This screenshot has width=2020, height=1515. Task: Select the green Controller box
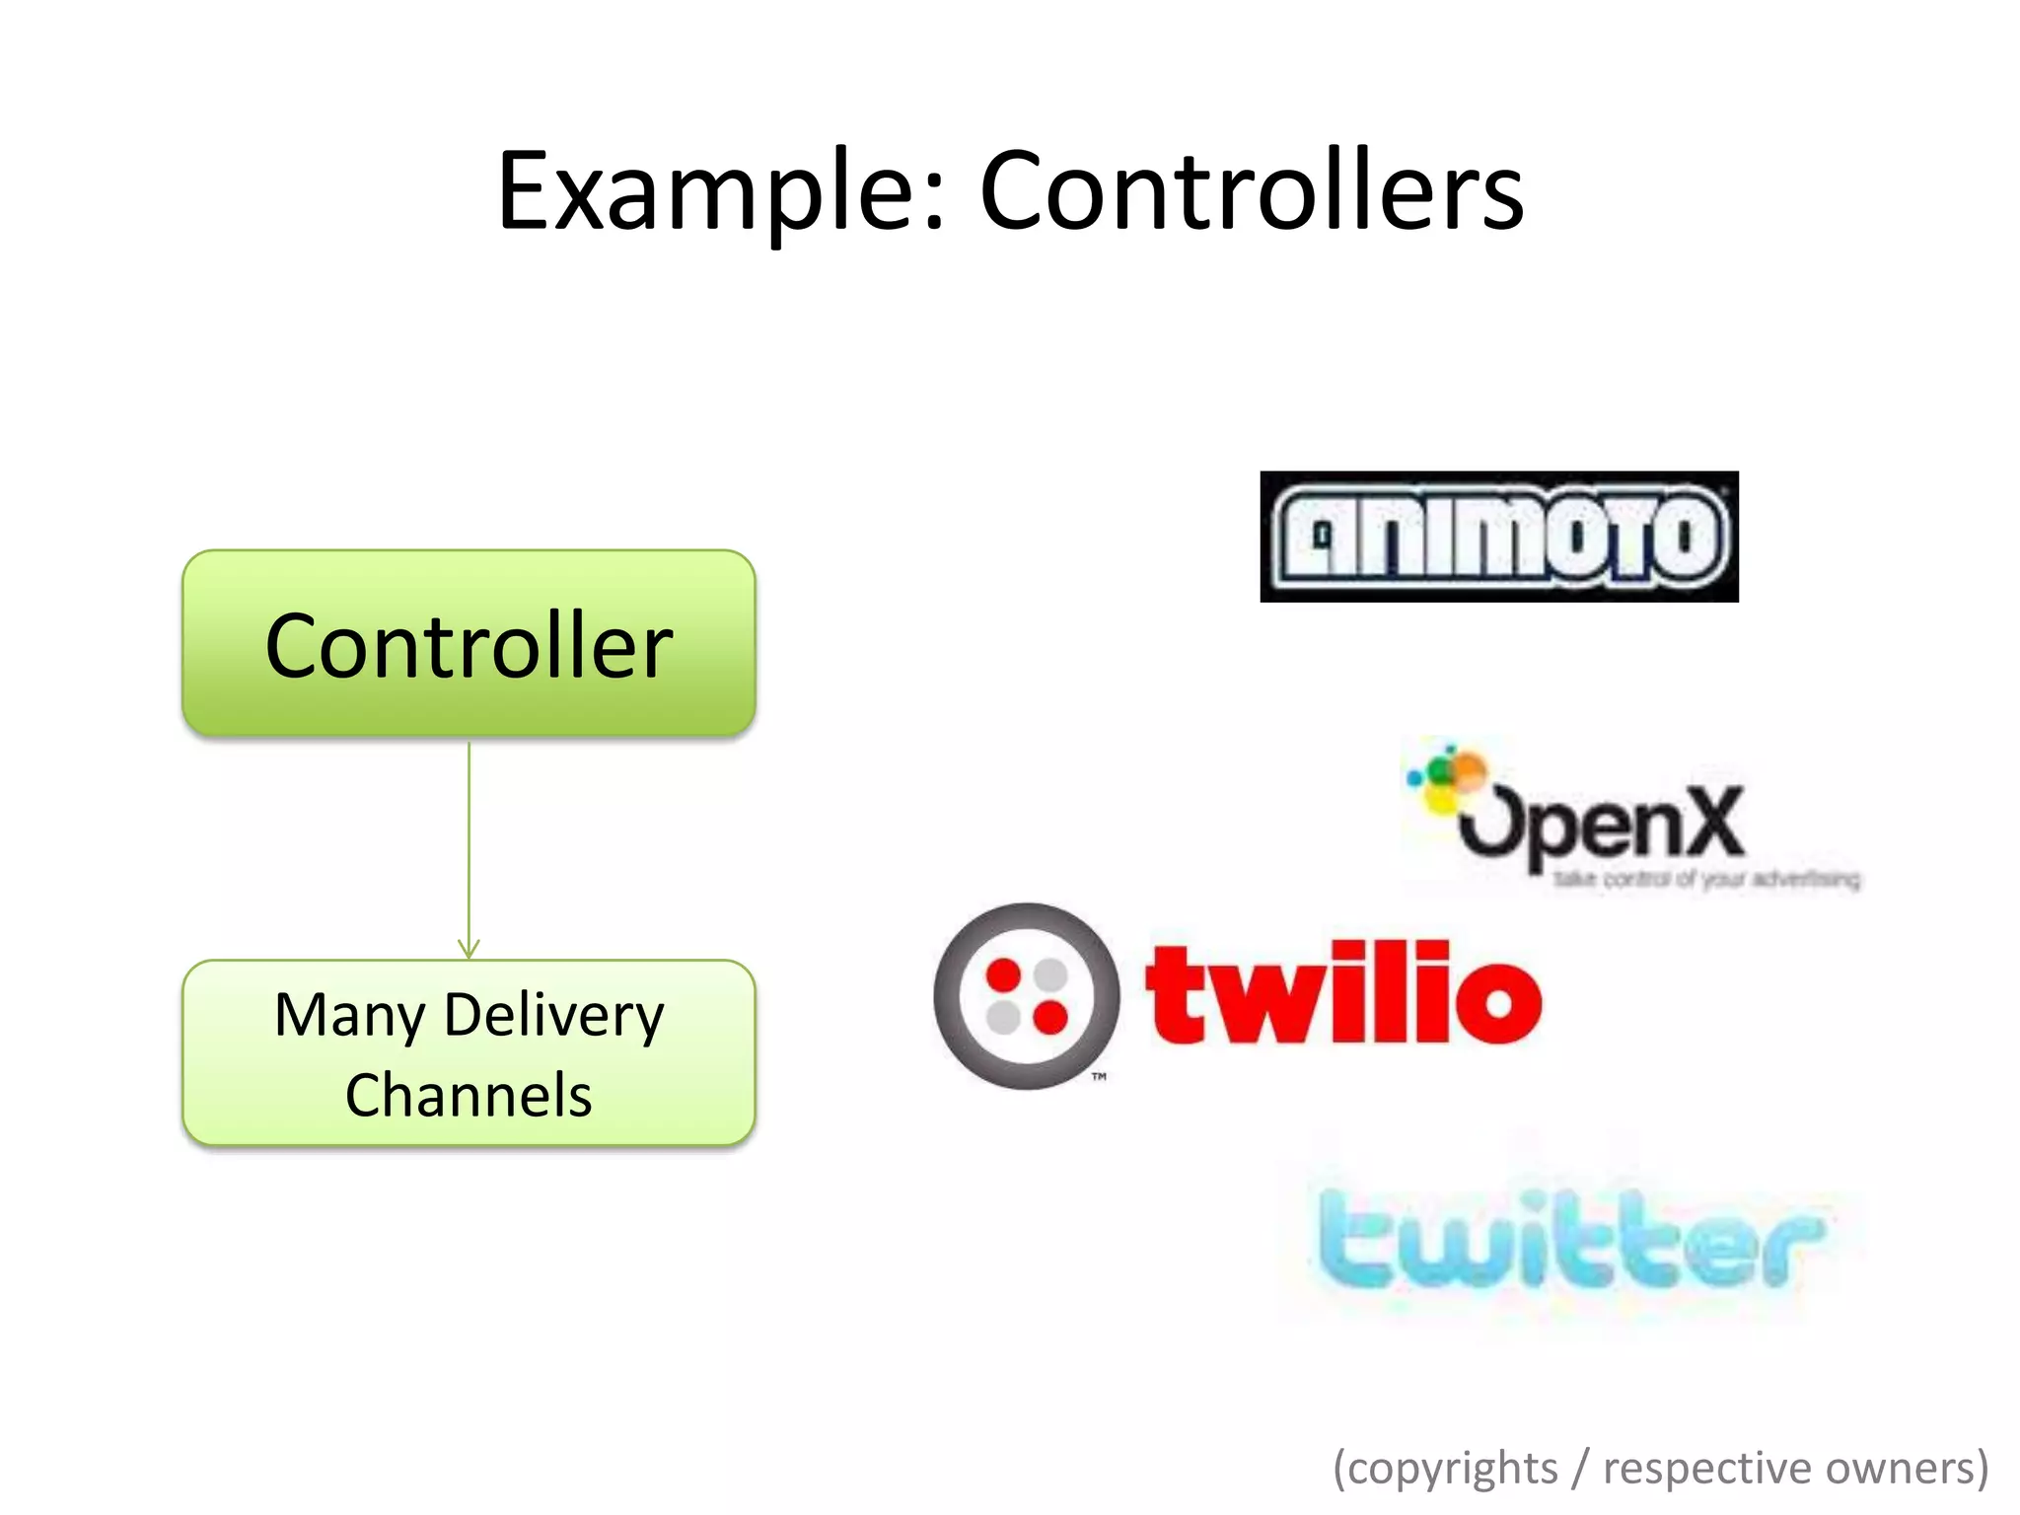pos(469,643)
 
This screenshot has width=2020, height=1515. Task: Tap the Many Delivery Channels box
pos(469,1052)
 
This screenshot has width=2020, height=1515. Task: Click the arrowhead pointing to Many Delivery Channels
pos(469,949)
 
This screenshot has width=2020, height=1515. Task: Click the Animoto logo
pos(1499,537)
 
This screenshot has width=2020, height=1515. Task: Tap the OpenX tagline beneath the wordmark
pos(1706,879)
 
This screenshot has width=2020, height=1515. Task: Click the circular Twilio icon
pos(1027,996)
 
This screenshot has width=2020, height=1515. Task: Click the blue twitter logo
pos(1570,1238)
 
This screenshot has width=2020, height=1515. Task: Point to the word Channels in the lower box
pos(469,1095)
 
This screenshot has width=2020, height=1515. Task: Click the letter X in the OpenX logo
pos(1708,821)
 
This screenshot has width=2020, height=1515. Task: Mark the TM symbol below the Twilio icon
pos(1099,1077)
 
